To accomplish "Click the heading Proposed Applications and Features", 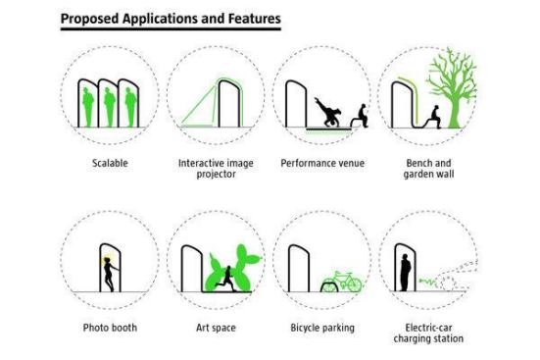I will (x=170, y=19).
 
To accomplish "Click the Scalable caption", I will (x=112, y=162).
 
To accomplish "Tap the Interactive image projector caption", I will (x=217, y=168).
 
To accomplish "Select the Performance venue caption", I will (x=321, y=162).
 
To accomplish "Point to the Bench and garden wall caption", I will (x=427, y=168).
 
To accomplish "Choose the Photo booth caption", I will (x=110, y=327).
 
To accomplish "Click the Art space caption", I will (x=216, y=327).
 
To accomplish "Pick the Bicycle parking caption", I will (x=321, y=327).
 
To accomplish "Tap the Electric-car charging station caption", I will (x=427, y=333).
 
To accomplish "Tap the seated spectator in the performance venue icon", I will (x=360, y=117).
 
